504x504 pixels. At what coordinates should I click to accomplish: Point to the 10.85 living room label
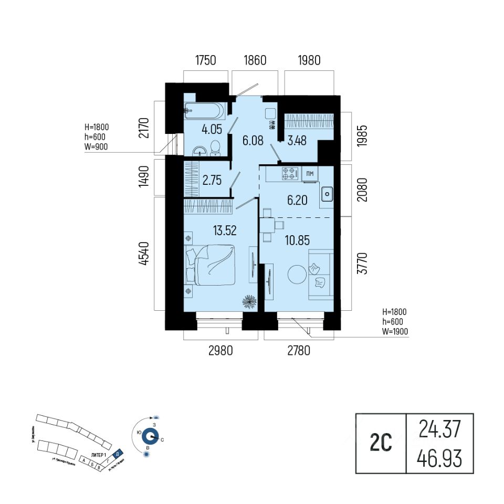pos(297,240)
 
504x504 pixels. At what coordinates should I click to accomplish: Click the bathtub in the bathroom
pos(204,110)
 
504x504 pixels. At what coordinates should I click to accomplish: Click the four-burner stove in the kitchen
pos(290,173)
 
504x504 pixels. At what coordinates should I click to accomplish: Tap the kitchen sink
pos(327,194)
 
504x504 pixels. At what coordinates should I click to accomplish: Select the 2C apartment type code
pos(381,444)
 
